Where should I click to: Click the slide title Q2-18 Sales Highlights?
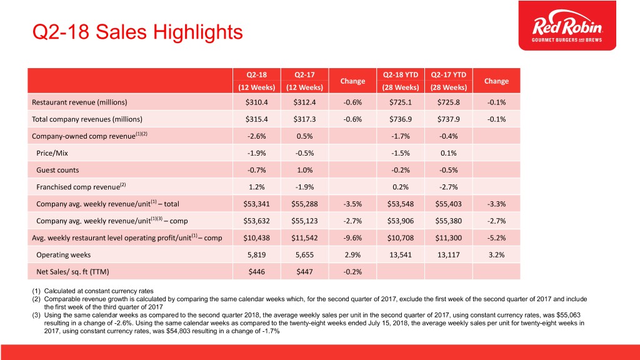pyautogui.click(x=127, y=30)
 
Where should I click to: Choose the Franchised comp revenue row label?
pyautogui.click(x=82, y=186)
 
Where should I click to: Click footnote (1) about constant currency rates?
pyautogui.click(x=94, y=290)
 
